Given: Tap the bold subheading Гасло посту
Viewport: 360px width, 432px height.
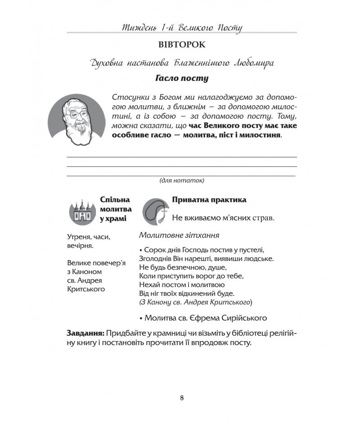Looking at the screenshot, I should coord(182,79).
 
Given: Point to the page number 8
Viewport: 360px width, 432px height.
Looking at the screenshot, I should coord(181,397).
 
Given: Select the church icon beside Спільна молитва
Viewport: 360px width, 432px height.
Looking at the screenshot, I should coord(82,210).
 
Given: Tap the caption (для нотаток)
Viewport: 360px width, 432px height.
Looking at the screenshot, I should coord(182,180).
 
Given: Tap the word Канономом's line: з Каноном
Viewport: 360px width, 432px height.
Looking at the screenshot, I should coord(85,272).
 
